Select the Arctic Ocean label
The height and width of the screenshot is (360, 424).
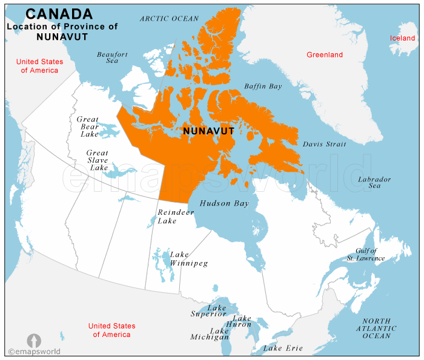pyautogui.click(x=168, y=19)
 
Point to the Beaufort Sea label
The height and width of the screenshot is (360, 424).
pyautogui.click(x=112, y=57)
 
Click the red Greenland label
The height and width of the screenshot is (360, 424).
pyautogui.click(x=325, y=55)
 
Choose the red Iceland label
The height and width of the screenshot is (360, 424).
pyautogui.click(x=403, y=38)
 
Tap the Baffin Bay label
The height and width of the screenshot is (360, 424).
pyautogui.click(x=263, y=87)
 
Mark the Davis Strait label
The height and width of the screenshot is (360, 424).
pyautogui.click(x=325, y=145)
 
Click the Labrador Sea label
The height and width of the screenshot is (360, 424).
pyautogui.click(x=374, y=183)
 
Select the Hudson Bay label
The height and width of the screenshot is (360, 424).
pyautogui.click(x=224, y=204)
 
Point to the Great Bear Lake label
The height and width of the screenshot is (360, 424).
pyautogui.click(x=88, y=126)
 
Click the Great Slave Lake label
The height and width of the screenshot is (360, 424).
pyautogui.click(x=98, y=160)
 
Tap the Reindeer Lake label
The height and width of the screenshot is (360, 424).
pyautogui.click(x=176, y=217)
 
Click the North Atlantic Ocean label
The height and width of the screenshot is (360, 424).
pyautogui.click(x=376, y=329)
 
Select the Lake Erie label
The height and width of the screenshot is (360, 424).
pyautogui.click(x=282, y=349)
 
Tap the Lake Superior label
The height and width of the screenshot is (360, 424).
pyautogui.click(x=209, y=311)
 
